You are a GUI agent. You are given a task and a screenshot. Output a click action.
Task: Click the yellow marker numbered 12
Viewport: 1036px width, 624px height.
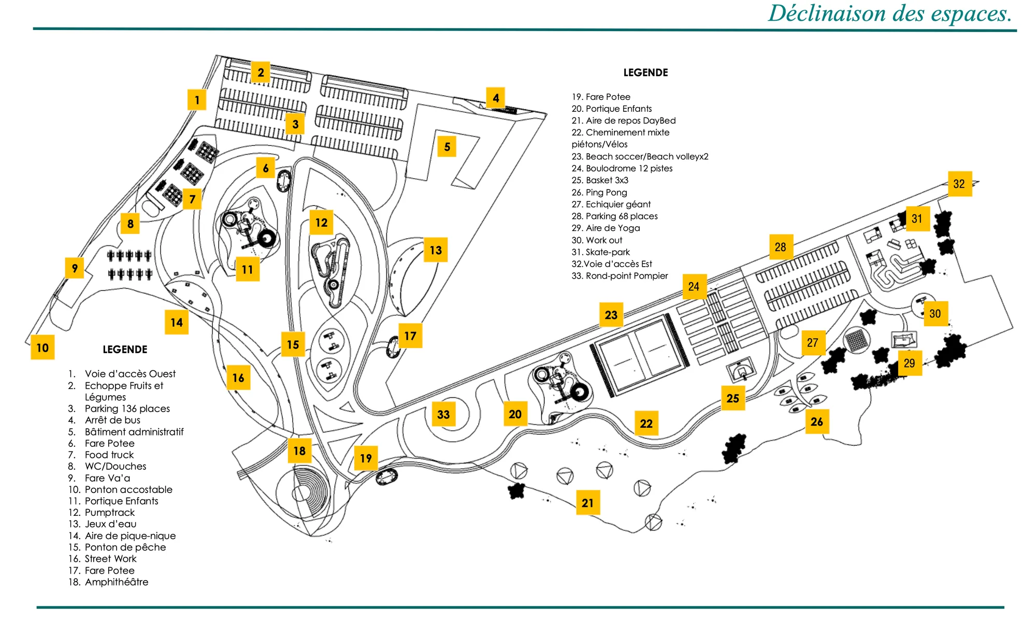click(321, 223)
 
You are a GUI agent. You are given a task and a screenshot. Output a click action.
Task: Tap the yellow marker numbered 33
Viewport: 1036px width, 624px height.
click(443, 414)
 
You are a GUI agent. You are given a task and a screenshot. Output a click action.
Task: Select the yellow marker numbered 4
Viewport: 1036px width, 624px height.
click(496, 98)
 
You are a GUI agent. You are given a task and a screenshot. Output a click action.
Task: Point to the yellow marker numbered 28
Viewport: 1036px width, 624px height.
click(781, 247)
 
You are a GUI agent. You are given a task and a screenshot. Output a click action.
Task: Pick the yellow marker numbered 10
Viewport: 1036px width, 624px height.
click(42, 347)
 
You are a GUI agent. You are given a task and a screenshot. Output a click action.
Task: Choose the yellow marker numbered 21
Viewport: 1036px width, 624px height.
click(587, 503)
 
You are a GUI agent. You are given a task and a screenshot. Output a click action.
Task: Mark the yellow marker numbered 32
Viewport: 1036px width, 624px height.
click(959, 184)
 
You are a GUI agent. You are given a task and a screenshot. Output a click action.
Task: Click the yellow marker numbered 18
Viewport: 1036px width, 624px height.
click(299, 451)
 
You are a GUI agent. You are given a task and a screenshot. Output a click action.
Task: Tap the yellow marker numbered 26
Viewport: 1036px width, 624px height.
click(817, 422)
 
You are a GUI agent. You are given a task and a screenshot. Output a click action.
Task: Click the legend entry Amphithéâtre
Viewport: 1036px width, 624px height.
click(117, 582)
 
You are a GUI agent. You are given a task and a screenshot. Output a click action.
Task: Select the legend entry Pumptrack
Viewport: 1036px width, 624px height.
click(110, 513)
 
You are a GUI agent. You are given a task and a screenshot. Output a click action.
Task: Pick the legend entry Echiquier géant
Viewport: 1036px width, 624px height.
click(618, 205)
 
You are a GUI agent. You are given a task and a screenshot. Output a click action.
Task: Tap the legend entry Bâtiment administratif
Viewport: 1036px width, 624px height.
click(134, 432)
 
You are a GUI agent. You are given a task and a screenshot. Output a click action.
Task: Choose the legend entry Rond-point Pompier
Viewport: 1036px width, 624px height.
click(627, 276)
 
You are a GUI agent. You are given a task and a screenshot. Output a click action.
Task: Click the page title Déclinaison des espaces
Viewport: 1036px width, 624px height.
click(890, 13)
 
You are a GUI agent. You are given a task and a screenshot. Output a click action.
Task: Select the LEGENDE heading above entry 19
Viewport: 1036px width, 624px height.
click(645, 72)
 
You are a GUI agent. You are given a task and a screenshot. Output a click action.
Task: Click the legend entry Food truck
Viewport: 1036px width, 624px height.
click(109, 455)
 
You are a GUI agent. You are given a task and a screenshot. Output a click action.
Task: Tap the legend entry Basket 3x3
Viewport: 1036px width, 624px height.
click(607, 180)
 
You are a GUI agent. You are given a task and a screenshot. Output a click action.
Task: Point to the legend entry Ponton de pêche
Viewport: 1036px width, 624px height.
click(125, 547)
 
